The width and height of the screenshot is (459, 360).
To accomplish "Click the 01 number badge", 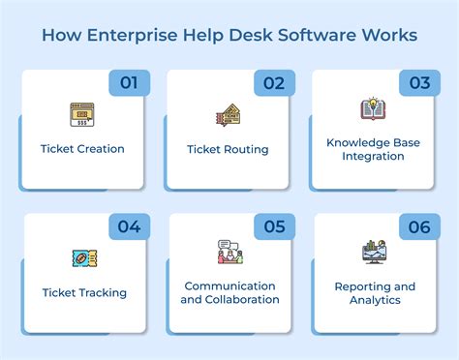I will pyautogui.click(x=129, y=83).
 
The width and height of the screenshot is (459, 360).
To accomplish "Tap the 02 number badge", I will pyautogui.click(x=274, y=83).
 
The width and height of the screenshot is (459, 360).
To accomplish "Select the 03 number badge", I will pyautogui.click(x=419, y=83).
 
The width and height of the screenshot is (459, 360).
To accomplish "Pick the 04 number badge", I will pyautogui.click(x=129, y=227).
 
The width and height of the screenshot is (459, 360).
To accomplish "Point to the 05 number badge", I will pyautogui.click(x=274, y=227).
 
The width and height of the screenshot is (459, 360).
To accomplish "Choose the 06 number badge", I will pyautogui.click(x=419, y=227).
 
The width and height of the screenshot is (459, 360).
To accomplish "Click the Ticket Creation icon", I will pyautogui.click(x=82, y=115).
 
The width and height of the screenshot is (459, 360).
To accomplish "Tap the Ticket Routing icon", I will pyautogui.click(x=228, y=116).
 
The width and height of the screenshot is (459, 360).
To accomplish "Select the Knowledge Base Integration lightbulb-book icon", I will pyautogui.click(x=373, y=109).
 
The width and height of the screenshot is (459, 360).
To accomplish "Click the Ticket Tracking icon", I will pyautogui.click(x=83, y=258).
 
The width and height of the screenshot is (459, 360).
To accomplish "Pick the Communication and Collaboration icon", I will pyautogui.click(x=229, y=252).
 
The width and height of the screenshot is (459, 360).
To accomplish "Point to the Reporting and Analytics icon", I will pyautogui.click(x=374, y=252).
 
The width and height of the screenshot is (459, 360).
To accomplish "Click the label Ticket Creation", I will pyautogui.click(x=82, y=149).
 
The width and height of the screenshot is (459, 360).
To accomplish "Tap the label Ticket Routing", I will pyautogui.click(x=228, y=149).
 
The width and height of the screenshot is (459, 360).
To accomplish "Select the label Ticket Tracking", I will pyautogui.click(x=84, y=292).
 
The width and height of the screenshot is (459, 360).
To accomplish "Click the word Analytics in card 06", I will pyautogui.click(x=375, y=300).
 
